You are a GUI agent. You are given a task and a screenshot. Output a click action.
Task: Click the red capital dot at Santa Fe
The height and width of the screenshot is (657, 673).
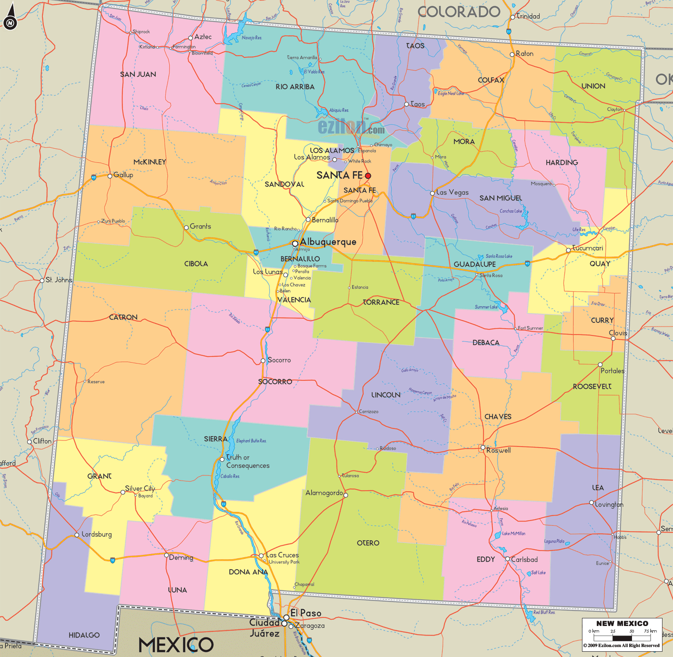coord(368,176)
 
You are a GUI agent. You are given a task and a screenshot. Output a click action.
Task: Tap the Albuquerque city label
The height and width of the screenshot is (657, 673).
coord(328,242)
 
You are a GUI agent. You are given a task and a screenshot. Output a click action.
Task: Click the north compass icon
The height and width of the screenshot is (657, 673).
coord(10,22)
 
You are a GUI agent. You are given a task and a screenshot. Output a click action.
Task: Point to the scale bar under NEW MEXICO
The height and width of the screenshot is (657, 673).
coord(622,637)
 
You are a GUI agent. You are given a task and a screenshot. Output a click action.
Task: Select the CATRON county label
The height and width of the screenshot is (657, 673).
coord(123,317)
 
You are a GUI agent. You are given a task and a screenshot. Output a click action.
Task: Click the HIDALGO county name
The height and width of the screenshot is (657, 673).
coord(84,635)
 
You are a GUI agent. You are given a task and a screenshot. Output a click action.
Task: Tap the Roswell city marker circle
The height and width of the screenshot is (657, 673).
coord(483,447)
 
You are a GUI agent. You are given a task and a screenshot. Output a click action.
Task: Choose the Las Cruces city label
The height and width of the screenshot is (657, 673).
coord(282,555)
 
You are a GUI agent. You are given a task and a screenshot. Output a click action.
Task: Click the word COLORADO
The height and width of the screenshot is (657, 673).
coord(459,12)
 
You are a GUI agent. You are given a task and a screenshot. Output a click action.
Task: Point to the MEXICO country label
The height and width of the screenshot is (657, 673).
coord(176,645)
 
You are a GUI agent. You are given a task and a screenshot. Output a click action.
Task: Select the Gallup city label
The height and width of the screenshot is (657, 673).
coord(123,175)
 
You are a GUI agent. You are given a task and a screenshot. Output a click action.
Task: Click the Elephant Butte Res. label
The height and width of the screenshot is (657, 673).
coord(251,441)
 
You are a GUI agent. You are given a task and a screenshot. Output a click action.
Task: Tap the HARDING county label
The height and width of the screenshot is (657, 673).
coord(561,163)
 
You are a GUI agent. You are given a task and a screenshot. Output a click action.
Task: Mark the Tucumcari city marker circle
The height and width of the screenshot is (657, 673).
coord(568,250)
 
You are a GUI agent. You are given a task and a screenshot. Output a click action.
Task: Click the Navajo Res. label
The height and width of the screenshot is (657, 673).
coord(252,38)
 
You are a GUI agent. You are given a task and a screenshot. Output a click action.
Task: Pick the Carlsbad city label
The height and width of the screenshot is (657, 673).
coord(524,559)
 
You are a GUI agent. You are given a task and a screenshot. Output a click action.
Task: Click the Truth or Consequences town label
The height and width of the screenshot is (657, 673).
coord(247,462)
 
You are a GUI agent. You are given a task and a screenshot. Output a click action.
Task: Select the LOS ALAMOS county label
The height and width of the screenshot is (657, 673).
coord(332,150)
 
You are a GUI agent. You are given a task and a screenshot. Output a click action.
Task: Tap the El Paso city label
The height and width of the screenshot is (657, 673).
coord(306,613)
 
